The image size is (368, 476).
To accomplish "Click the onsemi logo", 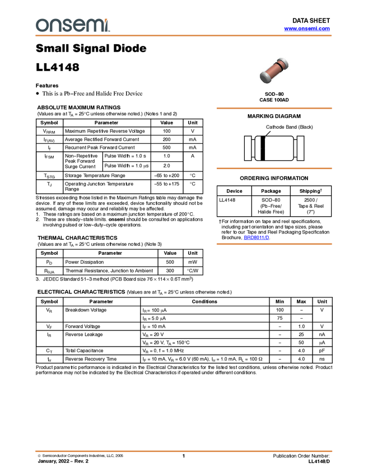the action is coord(72,25).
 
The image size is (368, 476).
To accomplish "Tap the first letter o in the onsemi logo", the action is coord(41,26).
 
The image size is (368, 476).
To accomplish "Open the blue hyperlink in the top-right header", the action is coord(307,29).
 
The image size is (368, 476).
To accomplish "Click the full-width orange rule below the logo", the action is coord(184,36).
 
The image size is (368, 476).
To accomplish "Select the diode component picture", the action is coord(274,70).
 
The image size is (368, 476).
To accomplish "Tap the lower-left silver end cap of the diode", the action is coord(264,78).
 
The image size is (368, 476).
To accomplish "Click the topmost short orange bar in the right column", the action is coord(274,108).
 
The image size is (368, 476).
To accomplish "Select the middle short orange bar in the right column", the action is coord(274,169).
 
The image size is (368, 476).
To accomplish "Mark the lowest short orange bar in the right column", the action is coord(274,244).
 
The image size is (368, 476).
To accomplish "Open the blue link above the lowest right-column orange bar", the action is coord(256,238).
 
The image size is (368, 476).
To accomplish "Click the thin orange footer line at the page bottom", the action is coord(184,451).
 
